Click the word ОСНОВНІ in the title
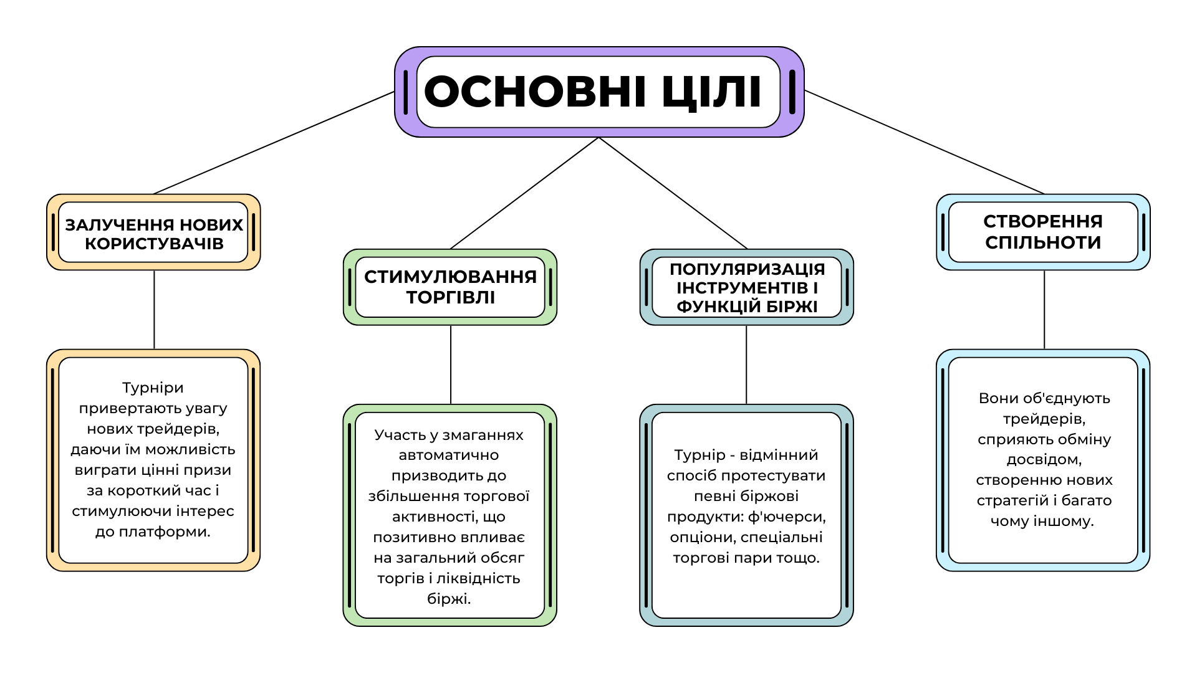[x=535, y=92]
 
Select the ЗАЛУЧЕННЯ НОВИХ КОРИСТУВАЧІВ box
[x=153, y=232]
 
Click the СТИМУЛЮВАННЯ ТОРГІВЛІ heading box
[x=450, y=287]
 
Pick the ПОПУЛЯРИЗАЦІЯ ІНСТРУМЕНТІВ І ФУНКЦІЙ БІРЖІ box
[x=747, y=287]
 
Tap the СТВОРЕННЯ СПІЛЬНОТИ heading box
[x=1043, y=232]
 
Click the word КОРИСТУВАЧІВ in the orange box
[x=154, y=244]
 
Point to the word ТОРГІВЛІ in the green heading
[x=451, y=298]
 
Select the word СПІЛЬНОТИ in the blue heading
[x=1043, y=242]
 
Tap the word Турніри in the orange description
[x=153, y=388]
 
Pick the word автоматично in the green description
[x=449, y=456]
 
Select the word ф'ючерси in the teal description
[x=787, y=517]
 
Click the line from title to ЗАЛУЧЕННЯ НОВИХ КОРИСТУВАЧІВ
[x=274, y=143]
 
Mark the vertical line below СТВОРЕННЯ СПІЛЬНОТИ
[x=1044, y=310]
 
